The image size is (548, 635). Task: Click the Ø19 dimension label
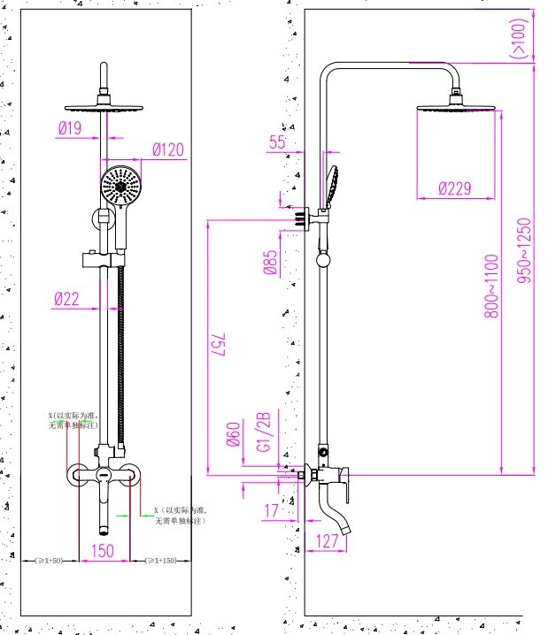tap(70, 128)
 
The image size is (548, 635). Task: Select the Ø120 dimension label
tap(167, 149)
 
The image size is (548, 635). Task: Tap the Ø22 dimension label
tap(66, 300)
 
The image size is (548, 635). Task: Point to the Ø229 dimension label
tap(455, 187)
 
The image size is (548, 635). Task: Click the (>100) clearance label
tap(518, 37)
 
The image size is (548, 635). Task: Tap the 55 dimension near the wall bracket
tap(277, 142)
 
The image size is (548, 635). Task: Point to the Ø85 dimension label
tap(272, 263)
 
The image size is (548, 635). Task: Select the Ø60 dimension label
tap(235, 436)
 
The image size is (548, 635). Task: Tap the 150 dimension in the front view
tap(104, 550)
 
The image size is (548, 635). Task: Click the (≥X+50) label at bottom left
tap(49, 561)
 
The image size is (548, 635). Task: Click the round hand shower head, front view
tap(121, 184)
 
